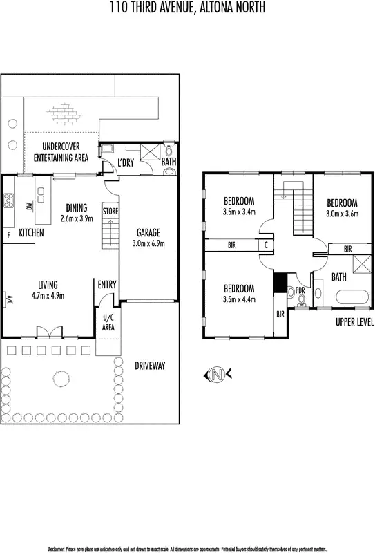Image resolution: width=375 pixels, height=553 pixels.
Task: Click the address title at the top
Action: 187,8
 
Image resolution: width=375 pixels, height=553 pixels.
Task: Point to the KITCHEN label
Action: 31,234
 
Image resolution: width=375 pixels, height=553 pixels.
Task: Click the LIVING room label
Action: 48,284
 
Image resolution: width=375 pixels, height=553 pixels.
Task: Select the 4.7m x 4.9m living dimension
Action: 48,295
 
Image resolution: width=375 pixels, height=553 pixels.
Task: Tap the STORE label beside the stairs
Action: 110,210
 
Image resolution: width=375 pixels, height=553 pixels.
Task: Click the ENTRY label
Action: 107,284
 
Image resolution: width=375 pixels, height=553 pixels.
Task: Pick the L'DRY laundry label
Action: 125,162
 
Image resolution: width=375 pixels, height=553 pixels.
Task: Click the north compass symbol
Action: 218,375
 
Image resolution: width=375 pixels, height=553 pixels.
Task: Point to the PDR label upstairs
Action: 300,290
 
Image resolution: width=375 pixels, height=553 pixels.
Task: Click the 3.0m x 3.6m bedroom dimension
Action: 342,214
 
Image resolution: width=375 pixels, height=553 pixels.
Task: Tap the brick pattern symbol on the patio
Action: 64,111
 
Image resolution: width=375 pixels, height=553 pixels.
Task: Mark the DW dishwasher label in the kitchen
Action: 29,206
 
